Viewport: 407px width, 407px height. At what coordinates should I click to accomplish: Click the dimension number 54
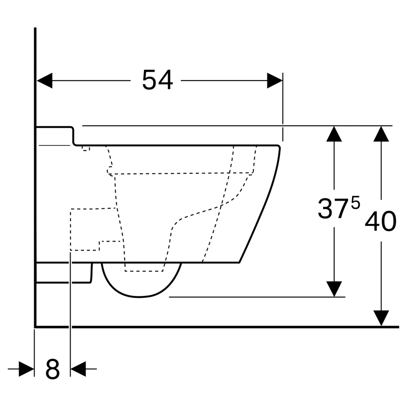pos(158,80)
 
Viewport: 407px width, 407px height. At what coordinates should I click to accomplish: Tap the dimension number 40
pos(381,221)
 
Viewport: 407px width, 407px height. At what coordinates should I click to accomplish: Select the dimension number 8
pos(53,369)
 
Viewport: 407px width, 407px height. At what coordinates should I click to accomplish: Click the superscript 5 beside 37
pos(356,203)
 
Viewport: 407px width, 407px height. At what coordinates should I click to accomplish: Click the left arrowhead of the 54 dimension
pos(45,81)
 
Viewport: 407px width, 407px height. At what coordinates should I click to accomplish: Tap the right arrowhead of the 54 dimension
pos(275,81)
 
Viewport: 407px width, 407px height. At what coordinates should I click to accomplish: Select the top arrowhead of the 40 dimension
pos(381,134)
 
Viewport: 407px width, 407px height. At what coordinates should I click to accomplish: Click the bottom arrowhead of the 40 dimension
pos(381,318)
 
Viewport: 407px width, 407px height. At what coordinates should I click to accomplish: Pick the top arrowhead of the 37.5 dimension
pos(334,134)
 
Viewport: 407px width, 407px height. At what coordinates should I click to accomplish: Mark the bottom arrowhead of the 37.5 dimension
pos(334,289)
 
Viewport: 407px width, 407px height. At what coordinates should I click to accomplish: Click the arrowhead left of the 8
pos(26,369)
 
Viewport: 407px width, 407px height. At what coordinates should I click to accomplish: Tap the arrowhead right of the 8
pos(78,369)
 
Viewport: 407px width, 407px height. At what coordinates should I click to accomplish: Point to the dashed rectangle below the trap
pos(144,271)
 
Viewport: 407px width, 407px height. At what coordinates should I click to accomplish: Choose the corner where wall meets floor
pos(35,327)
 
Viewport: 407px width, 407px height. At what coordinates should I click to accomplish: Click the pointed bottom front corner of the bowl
pos(239,263)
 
